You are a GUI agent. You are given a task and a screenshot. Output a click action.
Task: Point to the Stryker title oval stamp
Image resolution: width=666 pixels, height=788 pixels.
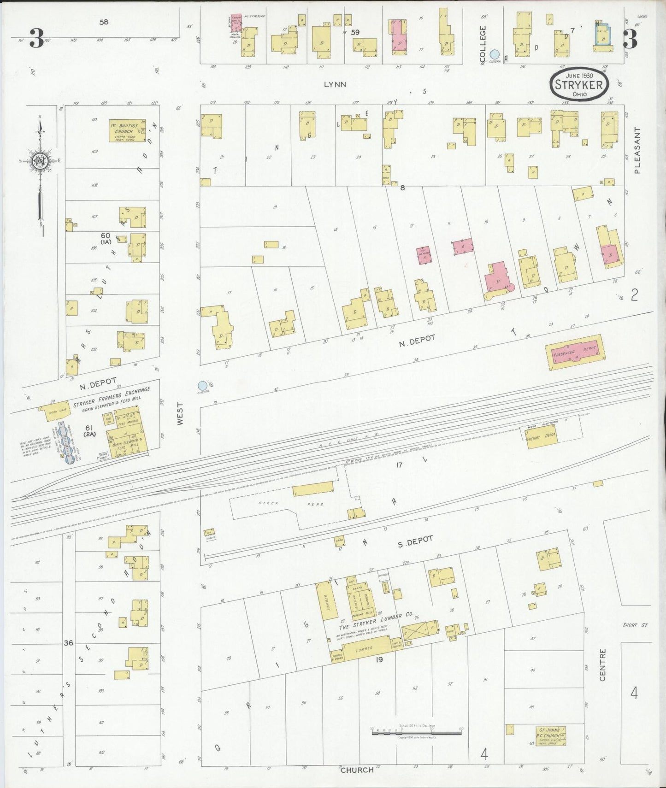[x=579, y=84]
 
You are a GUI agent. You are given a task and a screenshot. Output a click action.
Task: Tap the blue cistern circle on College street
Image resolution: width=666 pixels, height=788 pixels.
[x=495, y=54]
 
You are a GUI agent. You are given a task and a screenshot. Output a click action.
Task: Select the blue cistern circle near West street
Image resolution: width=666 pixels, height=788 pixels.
[x=202, y=385]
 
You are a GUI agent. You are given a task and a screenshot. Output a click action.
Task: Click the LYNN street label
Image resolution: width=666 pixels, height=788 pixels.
[x=335, y=85]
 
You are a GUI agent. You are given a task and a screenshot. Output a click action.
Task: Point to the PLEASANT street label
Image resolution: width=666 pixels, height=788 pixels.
[x=637, y=150]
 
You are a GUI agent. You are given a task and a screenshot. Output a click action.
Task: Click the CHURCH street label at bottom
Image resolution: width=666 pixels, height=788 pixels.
[x=357, y=769]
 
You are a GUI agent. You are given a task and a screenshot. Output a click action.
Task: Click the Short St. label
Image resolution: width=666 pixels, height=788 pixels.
[x=635, y=624]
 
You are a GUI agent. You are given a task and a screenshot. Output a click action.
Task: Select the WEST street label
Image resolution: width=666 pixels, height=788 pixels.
[x=180, y=414]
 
